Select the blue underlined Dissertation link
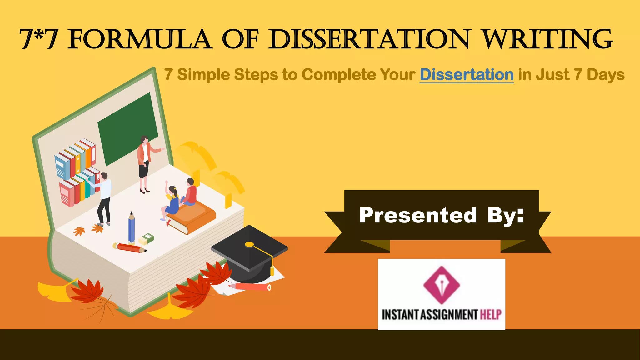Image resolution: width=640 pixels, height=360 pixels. pos(467,75)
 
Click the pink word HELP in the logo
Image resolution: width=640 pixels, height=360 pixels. pos(491,314)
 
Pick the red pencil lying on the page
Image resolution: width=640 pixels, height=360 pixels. pos(130,248)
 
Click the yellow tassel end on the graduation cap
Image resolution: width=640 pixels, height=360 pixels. pos(272,271)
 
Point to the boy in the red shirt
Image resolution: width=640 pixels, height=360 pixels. pos(190,192)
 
